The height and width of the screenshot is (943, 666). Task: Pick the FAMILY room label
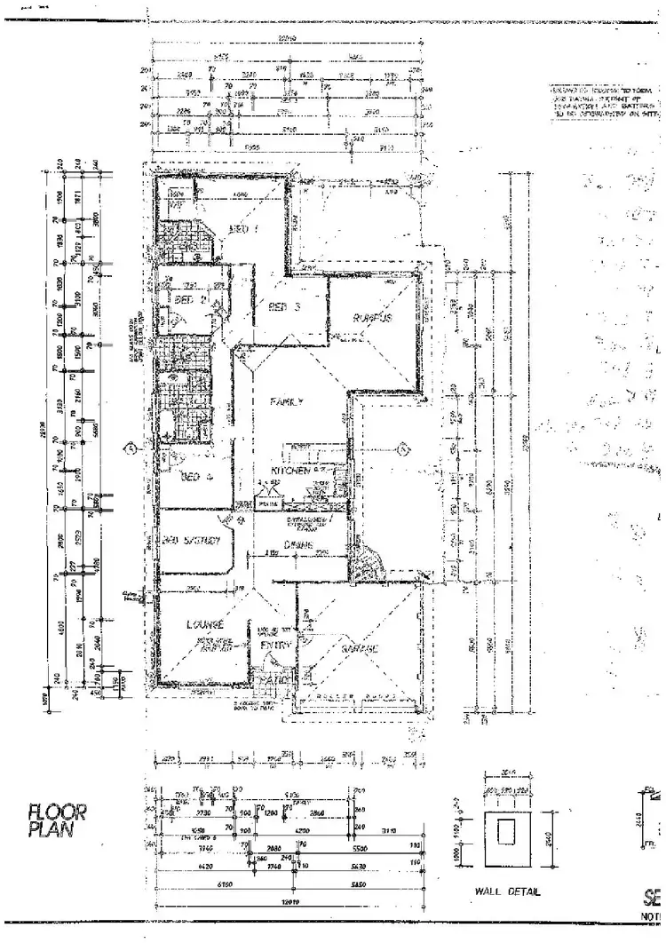click(287, 401)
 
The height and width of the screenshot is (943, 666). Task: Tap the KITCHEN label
click(290, 471)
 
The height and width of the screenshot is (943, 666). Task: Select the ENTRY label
click(274, 646)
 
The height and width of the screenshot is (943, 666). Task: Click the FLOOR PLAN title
click(58, 820)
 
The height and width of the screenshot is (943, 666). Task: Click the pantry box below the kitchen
click(267, 503)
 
